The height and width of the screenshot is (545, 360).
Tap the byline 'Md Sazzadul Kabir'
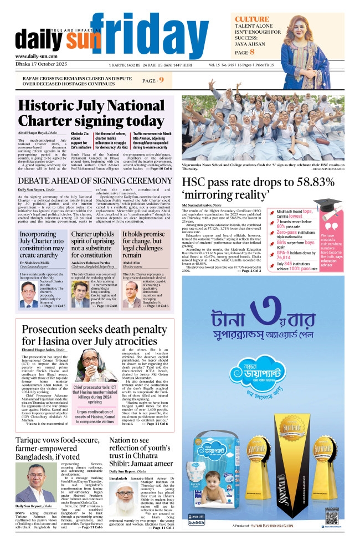(202, 206)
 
